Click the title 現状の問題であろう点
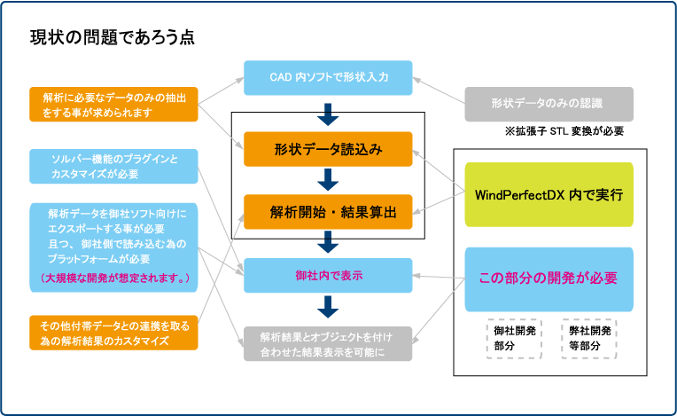[x=113, y=37]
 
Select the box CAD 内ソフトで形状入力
[x=328, y=78]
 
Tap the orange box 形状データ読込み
[x=328, y=149]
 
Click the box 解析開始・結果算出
[x=328, y=212]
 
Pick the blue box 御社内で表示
[x=328, y=276]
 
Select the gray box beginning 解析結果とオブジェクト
[x=328, y=344]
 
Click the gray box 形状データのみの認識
[x=549, y=104]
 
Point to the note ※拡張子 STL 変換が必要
[x=564, y=131]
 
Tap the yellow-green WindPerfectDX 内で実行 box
[x=549, y=194]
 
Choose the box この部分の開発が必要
[x=549, y=279]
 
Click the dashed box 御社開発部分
[x=514, y=339]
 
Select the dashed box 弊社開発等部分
[x=589, y=339]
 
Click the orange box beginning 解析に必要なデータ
[x=113, y=104]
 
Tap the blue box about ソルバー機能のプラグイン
[x=113, y=167]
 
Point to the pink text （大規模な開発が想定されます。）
[x=115, y=278]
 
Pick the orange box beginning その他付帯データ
[x=113, y=333]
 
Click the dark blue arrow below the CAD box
[x=328, y=114]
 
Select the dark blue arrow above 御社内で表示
[x=328, y=242]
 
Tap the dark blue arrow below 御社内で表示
[x=328, y=307]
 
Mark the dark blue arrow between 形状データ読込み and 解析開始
[x=328, y=180]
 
